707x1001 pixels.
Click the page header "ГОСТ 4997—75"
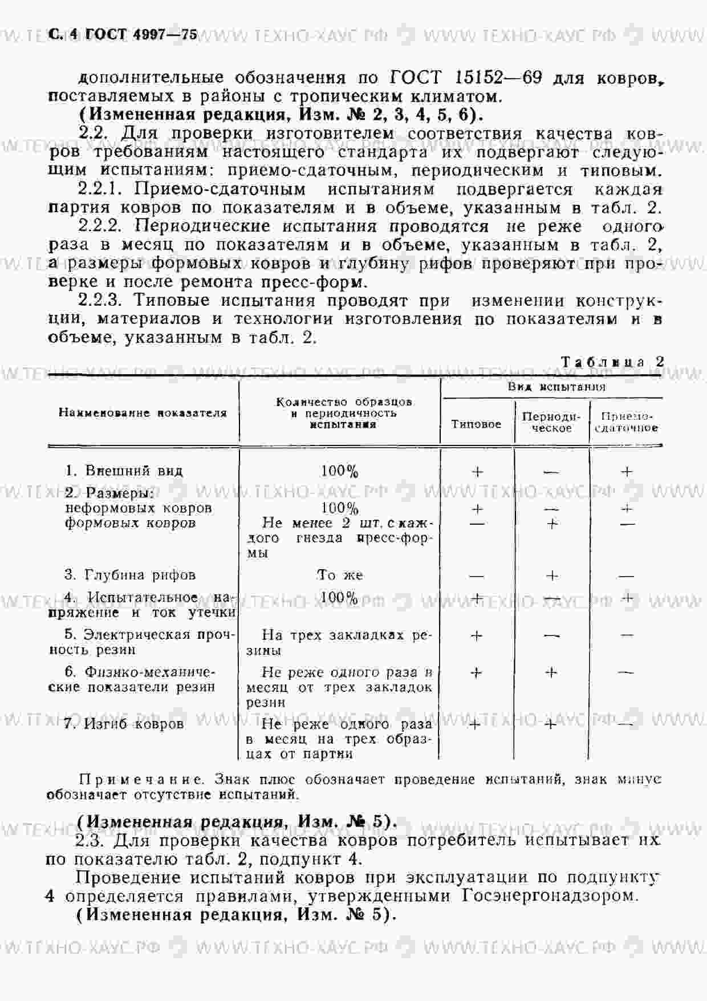click(141, 34)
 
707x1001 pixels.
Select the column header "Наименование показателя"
click(143, 413)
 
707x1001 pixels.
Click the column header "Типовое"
click(476, 424)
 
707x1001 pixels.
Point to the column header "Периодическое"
click(551, 422)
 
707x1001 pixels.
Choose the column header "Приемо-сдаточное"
click(626, 422)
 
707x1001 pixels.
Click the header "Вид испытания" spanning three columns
click(556, 387)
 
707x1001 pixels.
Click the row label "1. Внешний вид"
click(124, 471)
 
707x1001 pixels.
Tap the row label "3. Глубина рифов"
click(130, 574)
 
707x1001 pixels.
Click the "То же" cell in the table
click(340, 574)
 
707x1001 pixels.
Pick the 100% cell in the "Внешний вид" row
click(340, 471)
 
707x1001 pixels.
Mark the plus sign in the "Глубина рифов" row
click(551, 576)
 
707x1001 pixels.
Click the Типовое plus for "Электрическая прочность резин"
click(476, 635)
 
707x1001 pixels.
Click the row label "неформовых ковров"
click(139, 508)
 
